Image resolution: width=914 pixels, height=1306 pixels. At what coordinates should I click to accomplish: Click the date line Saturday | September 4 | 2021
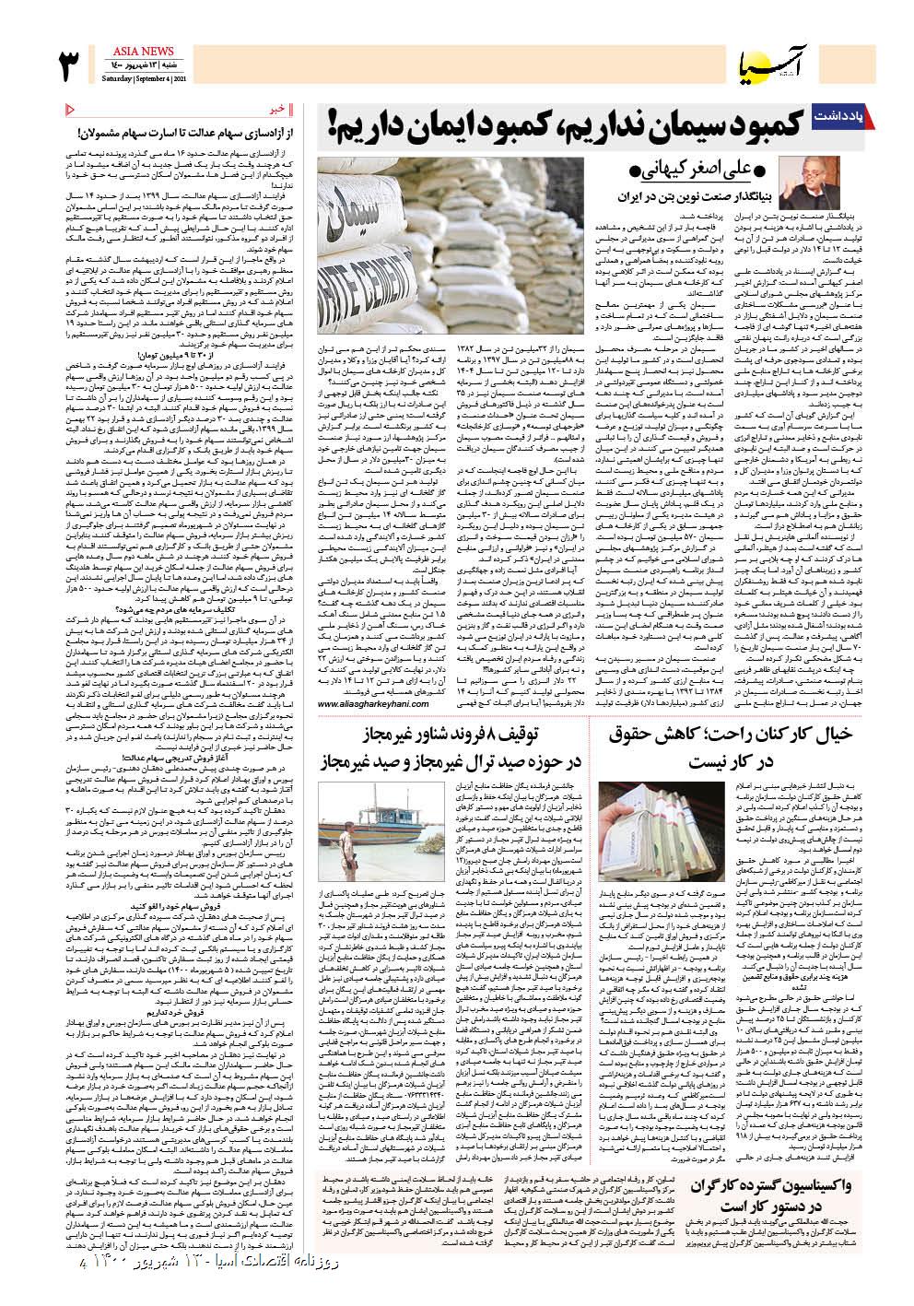click(x=135, y=79)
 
